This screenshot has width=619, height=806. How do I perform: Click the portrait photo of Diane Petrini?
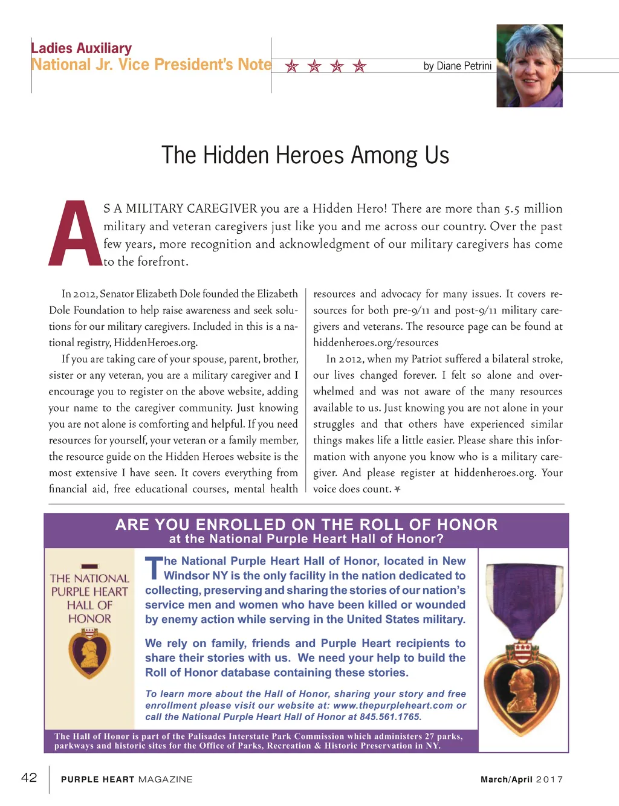point(529,66)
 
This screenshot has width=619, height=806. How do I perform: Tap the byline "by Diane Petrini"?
point(457,66)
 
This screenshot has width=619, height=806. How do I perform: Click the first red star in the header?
point(292,66)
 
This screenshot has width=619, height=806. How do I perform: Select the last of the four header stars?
point(360,66)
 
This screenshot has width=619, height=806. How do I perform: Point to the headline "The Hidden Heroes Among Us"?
point(305,155)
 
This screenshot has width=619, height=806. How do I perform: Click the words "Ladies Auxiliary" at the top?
point(81,48)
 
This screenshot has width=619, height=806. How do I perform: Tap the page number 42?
point(29,778)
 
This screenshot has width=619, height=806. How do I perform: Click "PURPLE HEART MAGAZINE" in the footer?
point(127,779)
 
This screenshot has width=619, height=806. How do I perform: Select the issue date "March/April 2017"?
point(521,779)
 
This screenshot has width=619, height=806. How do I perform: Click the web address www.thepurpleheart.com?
point(393,706)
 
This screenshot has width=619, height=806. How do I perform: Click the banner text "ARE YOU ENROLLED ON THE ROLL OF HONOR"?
point(306,524)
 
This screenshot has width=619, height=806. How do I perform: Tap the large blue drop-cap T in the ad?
point(154,568)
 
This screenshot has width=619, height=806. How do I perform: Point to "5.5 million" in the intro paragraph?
point(533,208)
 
